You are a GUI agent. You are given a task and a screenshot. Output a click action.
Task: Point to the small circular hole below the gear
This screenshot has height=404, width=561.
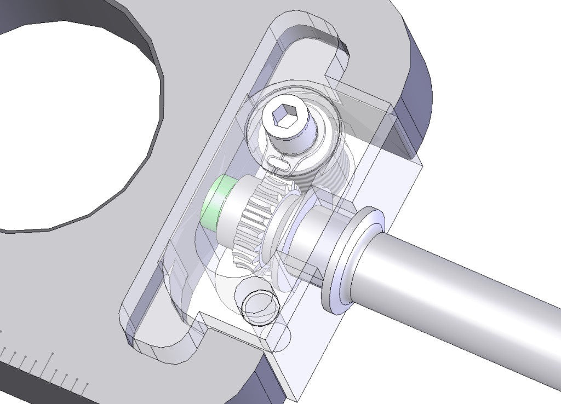(x=258, y=303)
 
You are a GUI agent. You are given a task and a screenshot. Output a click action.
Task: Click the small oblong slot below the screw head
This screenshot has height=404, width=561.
(x=281, y=162)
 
